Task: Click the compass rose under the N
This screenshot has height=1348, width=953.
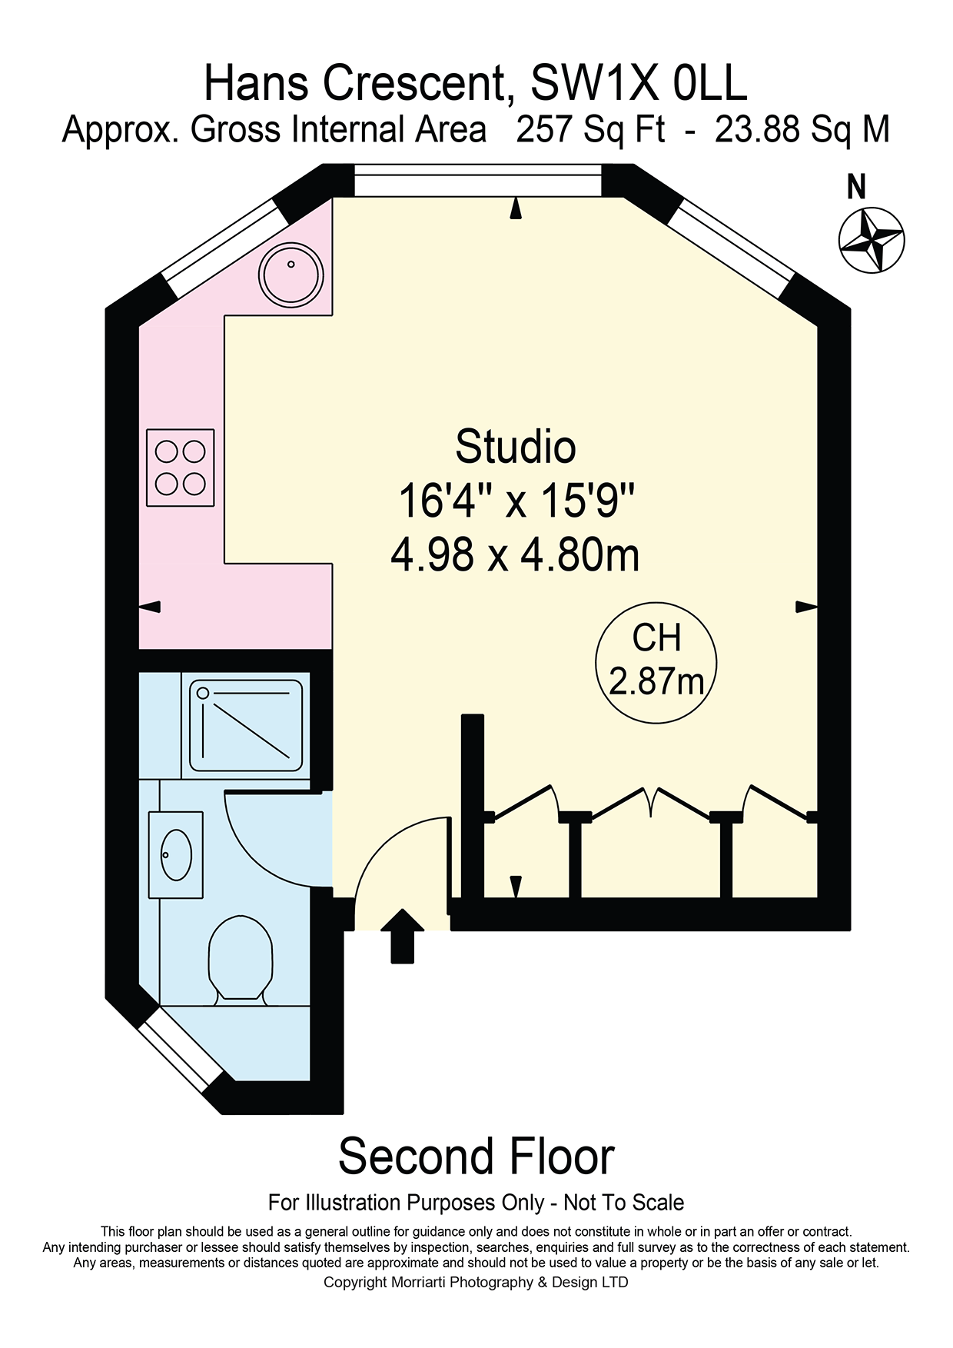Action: point(871,240)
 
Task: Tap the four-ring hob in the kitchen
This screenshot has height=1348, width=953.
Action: point(181,468)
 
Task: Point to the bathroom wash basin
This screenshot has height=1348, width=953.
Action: point(176,854)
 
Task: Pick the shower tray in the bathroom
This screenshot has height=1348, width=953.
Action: point(246,725)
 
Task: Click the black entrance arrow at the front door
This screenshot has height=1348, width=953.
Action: point(403,936)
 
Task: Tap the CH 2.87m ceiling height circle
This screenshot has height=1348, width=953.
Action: point(656,662)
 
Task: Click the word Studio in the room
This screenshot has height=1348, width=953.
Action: point(516,447)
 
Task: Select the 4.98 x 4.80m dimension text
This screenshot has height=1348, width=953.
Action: point(515,554)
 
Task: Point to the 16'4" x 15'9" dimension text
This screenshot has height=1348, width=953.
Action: point(516,501)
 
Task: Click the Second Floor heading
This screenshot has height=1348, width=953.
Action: point(476,1157)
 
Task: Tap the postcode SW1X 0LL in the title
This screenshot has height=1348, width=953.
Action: point(639,83)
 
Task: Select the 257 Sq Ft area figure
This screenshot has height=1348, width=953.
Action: point(590,129)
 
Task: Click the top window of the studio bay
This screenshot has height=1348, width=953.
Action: point(477,181)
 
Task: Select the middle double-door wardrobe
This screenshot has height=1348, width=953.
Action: point(652,802)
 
